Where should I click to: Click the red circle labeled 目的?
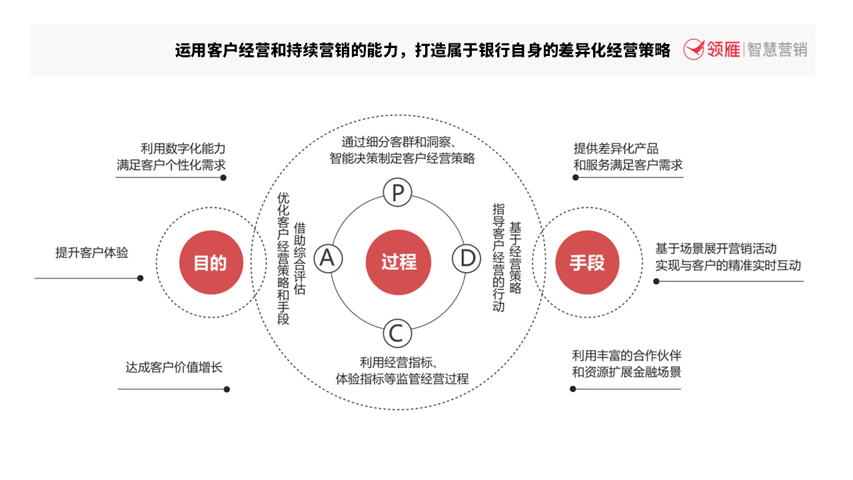pos(211,263)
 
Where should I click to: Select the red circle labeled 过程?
pos(399,262)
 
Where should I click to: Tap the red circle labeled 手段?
pos(587,263)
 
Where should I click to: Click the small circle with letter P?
pos(398,193)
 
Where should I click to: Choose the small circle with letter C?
pos(398,333)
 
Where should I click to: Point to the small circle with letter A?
pos(329,259)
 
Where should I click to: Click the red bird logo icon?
pos(694,49)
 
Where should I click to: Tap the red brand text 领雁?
pos(724,49)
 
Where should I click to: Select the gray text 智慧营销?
pos(777,49)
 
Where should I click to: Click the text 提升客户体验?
pos(92,253)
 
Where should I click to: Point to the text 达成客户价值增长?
pos(174,367)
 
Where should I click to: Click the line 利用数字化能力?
pos(183,148)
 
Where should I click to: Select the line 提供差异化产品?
pos(616,148)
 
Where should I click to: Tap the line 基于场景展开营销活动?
pos(716,249)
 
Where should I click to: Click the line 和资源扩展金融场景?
pos(626,372)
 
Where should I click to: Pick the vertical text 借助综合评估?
pos(300,259)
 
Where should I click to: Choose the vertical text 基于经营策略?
pos(515,257)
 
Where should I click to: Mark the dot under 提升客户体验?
pos(140,278)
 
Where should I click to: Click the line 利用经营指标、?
pos(399,362)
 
